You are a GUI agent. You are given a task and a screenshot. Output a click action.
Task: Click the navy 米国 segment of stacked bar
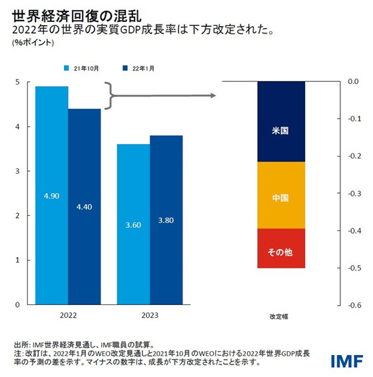click(x=280, y=122)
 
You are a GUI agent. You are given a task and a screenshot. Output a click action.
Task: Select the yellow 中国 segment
click(x=280, y=195)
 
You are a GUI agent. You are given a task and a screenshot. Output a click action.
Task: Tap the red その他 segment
click(x=280, y=248)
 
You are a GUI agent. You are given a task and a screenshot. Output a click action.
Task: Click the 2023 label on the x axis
click(x=150, y=315)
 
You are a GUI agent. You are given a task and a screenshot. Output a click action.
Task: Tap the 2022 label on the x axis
click(x=68, y=315)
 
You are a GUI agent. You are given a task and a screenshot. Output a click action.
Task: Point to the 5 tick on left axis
click(x=17, y=82)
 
